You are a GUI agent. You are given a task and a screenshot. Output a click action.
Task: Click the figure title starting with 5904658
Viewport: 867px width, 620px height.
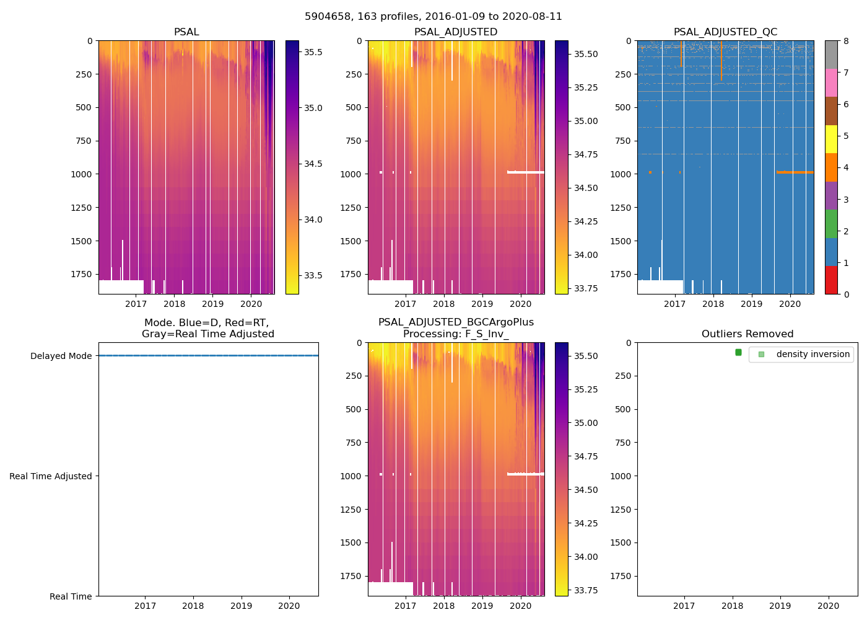click(x=434, y=17)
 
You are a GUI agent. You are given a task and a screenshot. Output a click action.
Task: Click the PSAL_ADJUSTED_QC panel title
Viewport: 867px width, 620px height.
click(x=725, y=32)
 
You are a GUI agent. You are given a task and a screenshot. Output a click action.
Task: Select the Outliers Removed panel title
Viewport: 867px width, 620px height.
click(x=747, y=334)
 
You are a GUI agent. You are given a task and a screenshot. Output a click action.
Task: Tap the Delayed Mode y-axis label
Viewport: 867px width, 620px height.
click(x=61, y=356)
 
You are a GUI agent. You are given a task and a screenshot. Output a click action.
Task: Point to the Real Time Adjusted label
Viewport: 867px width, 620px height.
click(x=51, y=476)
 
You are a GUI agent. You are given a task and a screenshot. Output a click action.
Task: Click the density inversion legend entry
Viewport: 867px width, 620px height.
click(x=813, y=354)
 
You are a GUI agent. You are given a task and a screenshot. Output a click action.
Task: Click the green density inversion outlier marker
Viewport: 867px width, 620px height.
click(x=738, y=352)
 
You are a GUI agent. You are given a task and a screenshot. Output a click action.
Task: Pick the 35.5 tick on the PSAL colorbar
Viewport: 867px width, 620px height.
click(x=313, y=52)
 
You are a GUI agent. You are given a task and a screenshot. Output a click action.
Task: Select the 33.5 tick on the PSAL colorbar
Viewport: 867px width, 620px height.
click(x=313, y=275)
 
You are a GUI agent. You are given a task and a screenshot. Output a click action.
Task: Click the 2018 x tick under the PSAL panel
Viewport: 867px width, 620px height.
click(x=174, y=304)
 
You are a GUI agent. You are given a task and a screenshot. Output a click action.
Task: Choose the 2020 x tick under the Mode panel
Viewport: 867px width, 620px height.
click(x=289, y=606)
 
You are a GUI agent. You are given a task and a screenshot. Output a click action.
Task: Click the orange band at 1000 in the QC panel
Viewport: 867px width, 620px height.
click(x=795, y=172)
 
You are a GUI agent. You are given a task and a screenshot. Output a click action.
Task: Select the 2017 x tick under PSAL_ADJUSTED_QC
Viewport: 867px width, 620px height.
click(x=674, y=304)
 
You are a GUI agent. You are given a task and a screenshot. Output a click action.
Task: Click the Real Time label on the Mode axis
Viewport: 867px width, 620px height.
click(x=71, y=596)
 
